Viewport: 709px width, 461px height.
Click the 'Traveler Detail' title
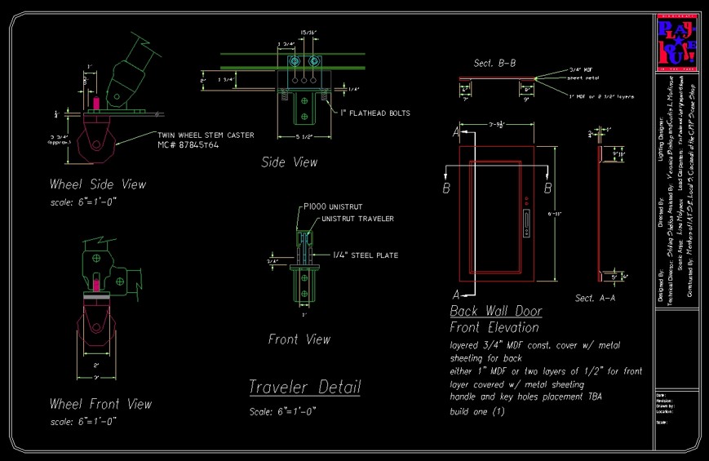click(x=304, y=387)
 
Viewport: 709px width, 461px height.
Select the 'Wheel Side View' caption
click(x=98, y=184)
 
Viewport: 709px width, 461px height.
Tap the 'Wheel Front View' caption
click(x=100, y=404)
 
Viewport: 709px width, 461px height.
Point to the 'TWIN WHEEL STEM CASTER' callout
click(x=205, y=135)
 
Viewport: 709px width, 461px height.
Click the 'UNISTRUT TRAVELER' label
click(x=358, y=219)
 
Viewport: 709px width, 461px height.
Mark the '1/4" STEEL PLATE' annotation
click(x=365, y=255)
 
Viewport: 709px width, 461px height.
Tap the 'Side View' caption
click(x=289, y=162)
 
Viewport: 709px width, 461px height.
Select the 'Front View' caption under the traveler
click(x=299, y=339)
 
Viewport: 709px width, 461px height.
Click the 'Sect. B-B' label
click(x=494, y=63)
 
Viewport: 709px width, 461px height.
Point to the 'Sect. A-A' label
click(x=595, y=298)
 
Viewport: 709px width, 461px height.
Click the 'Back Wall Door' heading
click(x=496, y=312)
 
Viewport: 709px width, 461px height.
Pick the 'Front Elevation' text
click(x=494, y=327)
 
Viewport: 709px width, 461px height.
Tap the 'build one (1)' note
click(x=477, y=411)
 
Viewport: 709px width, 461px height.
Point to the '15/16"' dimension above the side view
click(x=308, y=33)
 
